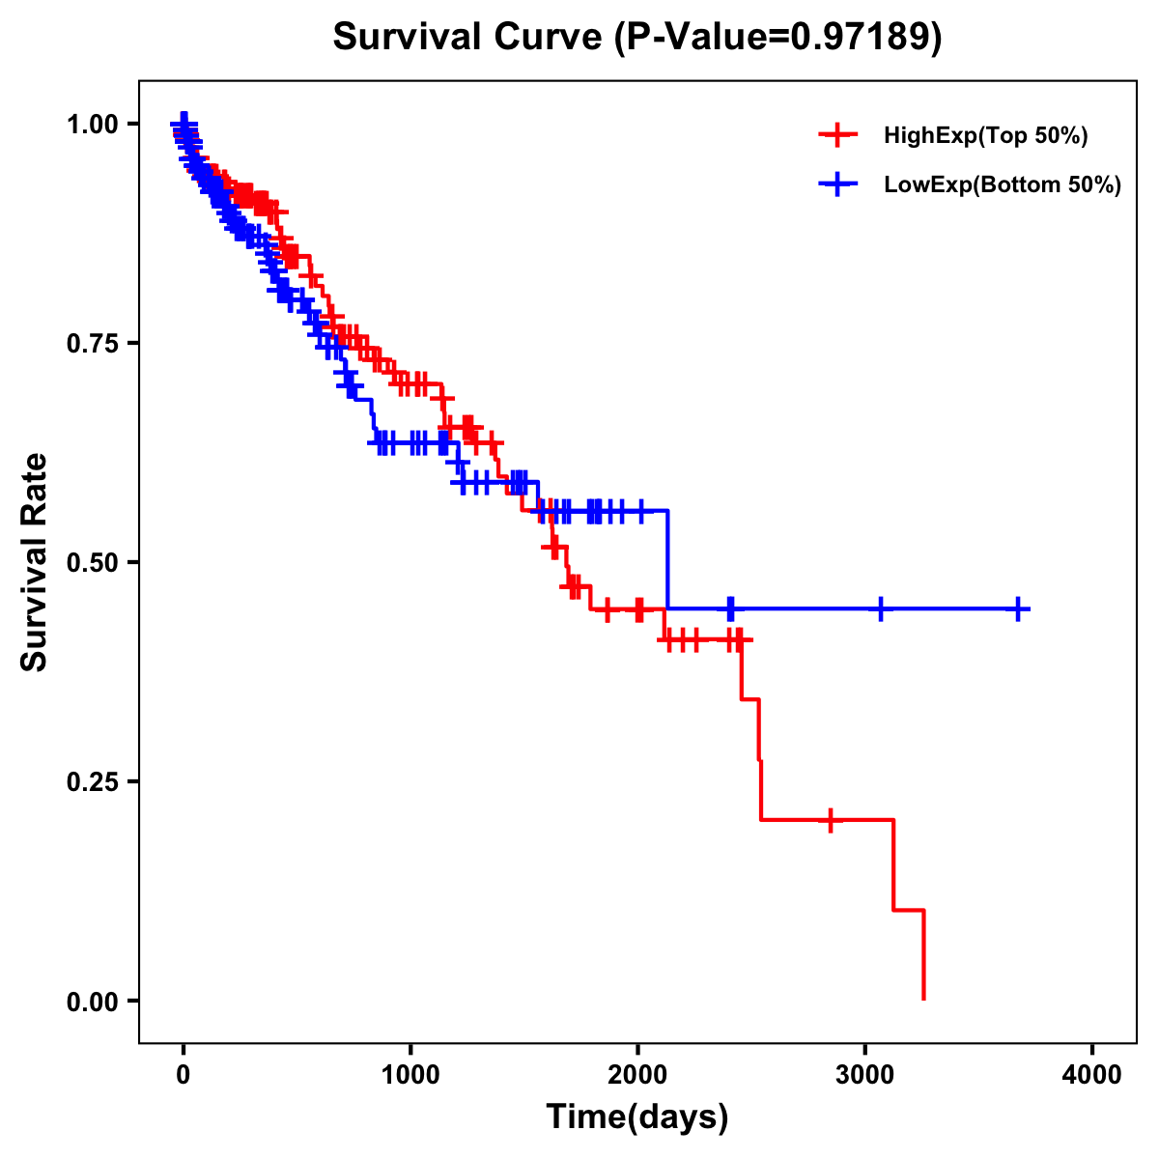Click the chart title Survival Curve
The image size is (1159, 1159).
click(467, 37)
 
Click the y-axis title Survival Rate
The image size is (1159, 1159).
click(35, 562)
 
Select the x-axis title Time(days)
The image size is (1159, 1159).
click(637, 1117)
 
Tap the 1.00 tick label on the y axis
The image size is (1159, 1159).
click(91, 124)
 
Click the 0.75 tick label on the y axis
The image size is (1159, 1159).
click(91, 343)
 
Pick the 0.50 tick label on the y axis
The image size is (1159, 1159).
click(91, 562)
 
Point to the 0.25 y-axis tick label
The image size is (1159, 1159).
click(91, 781)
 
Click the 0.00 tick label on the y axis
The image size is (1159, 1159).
click(91, 1001)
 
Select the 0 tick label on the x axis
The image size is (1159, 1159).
click(184, 1074)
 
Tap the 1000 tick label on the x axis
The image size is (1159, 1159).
click(410, 1074)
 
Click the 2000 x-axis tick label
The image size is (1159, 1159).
click(637, 1074)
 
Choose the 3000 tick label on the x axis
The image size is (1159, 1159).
click(865, 1074)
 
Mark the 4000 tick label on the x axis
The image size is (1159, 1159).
click(1092, 1074)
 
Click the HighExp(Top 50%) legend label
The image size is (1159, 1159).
click(986, 136)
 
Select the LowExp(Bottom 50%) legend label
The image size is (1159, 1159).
click(1003, 185)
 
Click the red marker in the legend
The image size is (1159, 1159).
click(837, 136)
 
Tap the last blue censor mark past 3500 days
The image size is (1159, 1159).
click(1018, 608)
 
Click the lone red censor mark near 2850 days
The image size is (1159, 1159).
click(830, 820)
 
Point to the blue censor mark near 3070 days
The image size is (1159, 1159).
click(880, 608)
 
